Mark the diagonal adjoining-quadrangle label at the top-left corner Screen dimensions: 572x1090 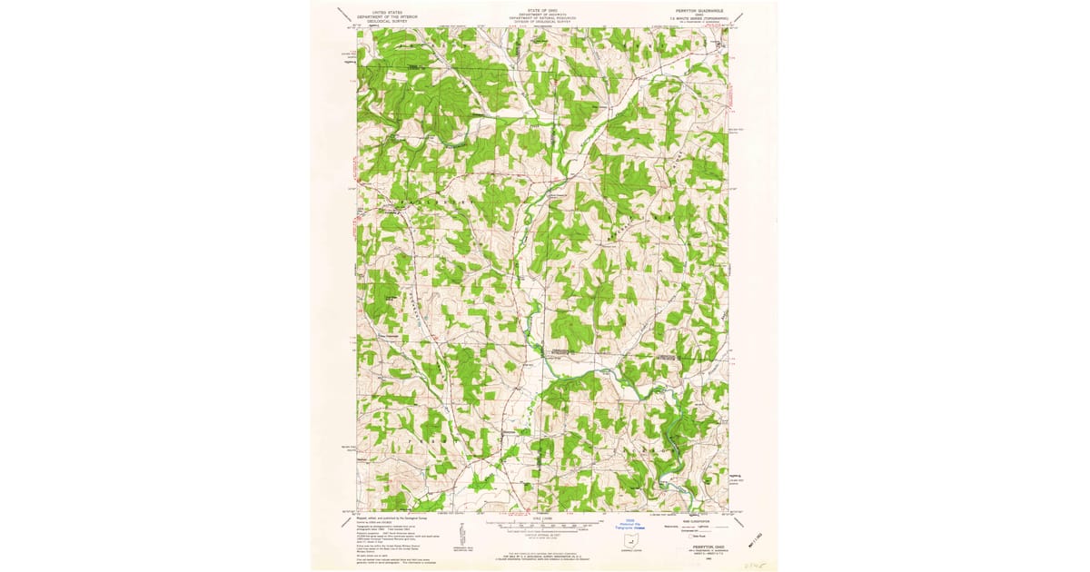point(343,15)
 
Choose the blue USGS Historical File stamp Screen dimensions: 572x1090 point(629,524)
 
